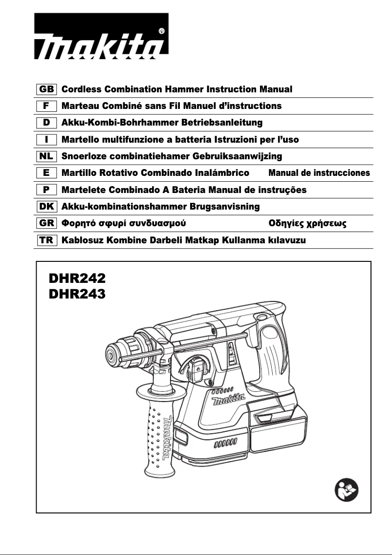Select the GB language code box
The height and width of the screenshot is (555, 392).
click(47, 89)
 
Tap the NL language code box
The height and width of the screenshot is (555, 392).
click(47, 156)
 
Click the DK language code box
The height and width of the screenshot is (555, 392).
click(47, 207)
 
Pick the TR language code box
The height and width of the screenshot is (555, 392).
click(47, 240)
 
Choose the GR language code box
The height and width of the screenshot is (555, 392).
click(47, 224)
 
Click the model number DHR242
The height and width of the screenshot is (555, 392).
click(77, 279)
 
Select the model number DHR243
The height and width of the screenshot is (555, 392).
click(77, 294)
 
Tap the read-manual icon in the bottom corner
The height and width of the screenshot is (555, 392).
click(347, 490)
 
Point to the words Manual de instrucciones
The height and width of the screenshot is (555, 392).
click(319, 173)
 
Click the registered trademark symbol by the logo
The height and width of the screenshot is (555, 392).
click(162, 31)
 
